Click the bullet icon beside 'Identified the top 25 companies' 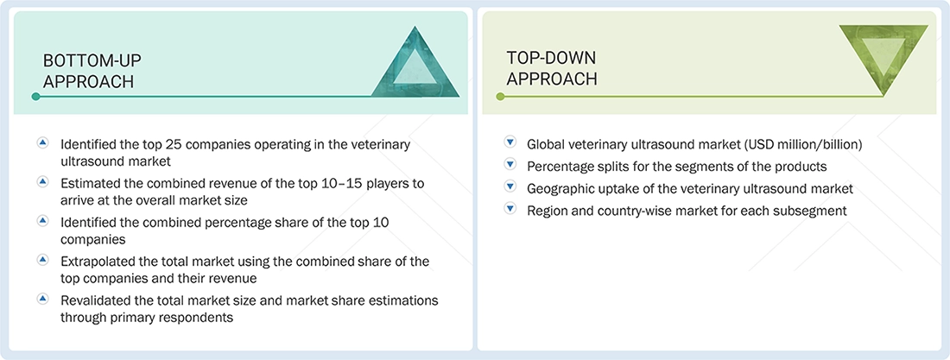(43, 143)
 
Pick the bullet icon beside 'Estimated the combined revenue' (43, 182)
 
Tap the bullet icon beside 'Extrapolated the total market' (43, 260)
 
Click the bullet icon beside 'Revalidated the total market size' (43, 299)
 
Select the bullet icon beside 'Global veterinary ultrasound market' (510, 143)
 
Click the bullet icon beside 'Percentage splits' (510, 165)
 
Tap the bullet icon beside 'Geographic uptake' (510, 187)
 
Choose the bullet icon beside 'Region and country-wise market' (510, 210)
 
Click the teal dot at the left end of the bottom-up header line (35, 97)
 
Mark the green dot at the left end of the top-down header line (500, 97)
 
